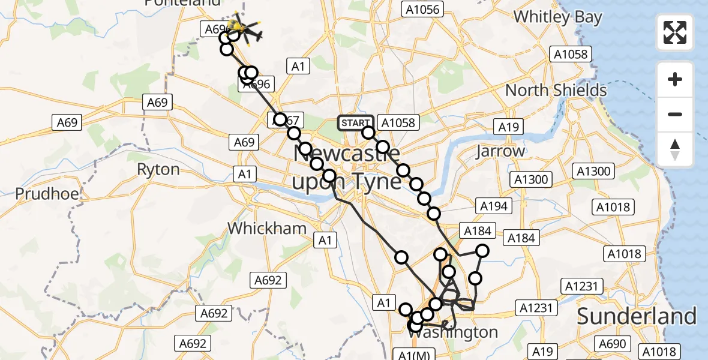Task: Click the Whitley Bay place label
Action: point(558,17)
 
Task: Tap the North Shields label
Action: point(556,91)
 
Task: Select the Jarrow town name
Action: point(500,151)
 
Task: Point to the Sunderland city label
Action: point(637,316)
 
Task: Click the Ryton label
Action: point(158,169)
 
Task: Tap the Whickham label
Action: point(267,228)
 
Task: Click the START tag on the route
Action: point(355,123)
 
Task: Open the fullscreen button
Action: point(675,32)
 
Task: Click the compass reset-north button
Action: point(675,149)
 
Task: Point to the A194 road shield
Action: point(494,206)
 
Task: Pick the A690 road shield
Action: point(613,344)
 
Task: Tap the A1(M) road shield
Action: point(414,355)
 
